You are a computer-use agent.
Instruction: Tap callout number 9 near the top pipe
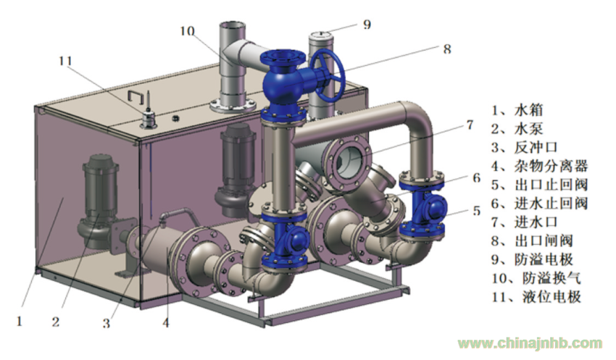coord(367,25)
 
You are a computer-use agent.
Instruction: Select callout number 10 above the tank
coord(188,30)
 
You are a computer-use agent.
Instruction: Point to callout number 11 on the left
coord(65,61)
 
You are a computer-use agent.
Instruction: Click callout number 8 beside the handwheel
coord(447,49)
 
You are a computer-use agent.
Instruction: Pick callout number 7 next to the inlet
coord(470,125)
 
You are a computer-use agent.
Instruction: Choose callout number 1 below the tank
coord(20,322)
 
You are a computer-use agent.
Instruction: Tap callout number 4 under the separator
coord(166,323)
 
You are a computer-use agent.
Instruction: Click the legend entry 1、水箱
coord(517,110)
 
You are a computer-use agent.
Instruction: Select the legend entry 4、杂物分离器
coord(539,166)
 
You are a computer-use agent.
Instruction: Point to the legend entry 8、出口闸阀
coord(532,240)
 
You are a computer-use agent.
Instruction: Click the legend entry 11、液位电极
coord(536,296)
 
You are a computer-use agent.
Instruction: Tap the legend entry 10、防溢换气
coord(536,278)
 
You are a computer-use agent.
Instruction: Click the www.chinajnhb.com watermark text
coord(530,343)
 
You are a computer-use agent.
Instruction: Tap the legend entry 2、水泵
coord(517,129)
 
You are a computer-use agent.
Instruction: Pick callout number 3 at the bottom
coord(106,323)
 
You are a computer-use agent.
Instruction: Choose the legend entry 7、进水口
coord(525,222)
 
